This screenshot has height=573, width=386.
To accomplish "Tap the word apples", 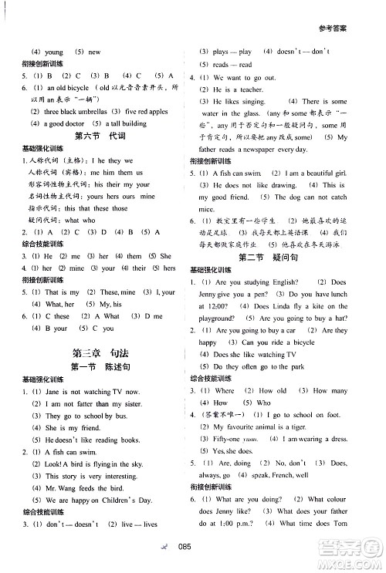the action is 153,112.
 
